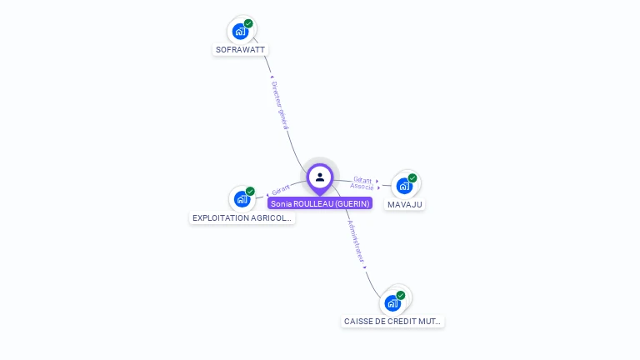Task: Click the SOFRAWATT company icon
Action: click(241, 32)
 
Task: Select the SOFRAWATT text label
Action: click(240, 49)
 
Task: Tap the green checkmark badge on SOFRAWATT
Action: click(248, 24)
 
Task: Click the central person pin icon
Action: click(320, 177)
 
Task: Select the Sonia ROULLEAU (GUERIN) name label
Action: click(320, 203)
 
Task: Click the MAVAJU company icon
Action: click(404, 186)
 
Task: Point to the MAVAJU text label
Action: click(405, 204)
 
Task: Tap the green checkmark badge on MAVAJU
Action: click(412, 178)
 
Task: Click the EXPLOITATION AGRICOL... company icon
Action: click(242, 199)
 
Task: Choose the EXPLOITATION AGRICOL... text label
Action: click(242, 217)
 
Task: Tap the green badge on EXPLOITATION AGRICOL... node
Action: click(250, 192)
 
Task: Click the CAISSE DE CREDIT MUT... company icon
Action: click(392, 303)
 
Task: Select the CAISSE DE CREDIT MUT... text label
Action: click(393, 321)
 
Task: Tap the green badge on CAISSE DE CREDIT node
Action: click(401, 296)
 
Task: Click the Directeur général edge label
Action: click(280, 104)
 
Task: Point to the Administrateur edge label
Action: click(356, 242)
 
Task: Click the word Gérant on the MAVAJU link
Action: click(362, 179)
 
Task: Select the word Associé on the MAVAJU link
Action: click(362, 187)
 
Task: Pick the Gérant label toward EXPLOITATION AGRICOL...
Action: click(281, 190)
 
